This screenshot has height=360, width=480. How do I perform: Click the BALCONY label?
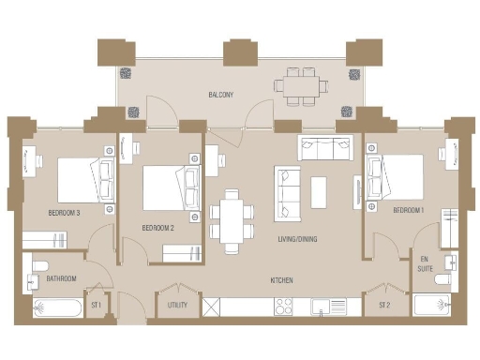221,95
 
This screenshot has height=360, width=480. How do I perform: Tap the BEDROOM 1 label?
409,210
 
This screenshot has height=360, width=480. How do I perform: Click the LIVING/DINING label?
297,239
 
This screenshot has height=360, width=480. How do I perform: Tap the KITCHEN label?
284,280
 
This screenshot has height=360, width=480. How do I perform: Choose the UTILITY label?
177,305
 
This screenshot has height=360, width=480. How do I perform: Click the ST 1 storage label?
97,305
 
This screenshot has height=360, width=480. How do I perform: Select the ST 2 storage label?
384,305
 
